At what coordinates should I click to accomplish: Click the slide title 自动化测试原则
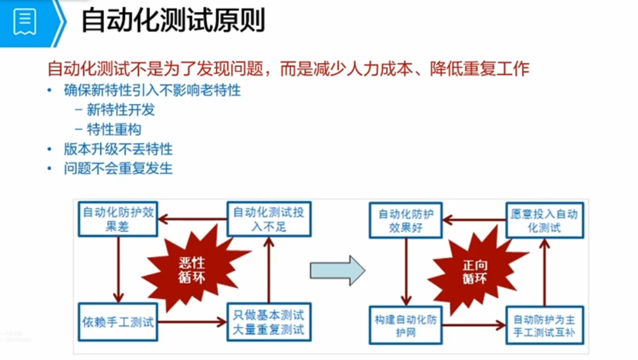pos(173,22)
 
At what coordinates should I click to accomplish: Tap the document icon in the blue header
pos(25,22)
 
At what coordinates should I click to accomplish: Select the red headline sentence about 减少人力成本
pos(288,67)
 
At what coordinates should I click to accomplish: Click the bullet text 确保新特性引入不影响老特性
pos(152,91)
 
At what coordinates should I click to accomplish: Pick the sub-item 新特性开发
pos(120,110)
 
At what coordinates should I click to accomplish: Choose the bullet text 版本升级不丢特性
pos(118,149)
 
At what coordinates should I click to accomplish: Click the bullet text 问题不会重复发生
pos(118,168)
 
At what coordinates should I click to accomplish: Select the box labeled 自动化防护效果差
pos(118,220)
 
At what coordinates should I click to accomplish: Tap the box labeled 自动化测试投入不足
pos(269,219)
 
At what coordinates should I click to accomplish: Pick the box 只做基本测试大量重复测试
pos(269,322)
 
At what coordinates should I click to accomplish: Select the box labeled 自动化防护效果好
pos(406,220)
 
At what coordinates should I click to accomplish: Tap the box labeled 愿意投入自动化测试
pos(545,220)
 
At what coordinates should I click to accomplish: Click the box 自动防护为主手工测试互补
pos(545,325)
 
